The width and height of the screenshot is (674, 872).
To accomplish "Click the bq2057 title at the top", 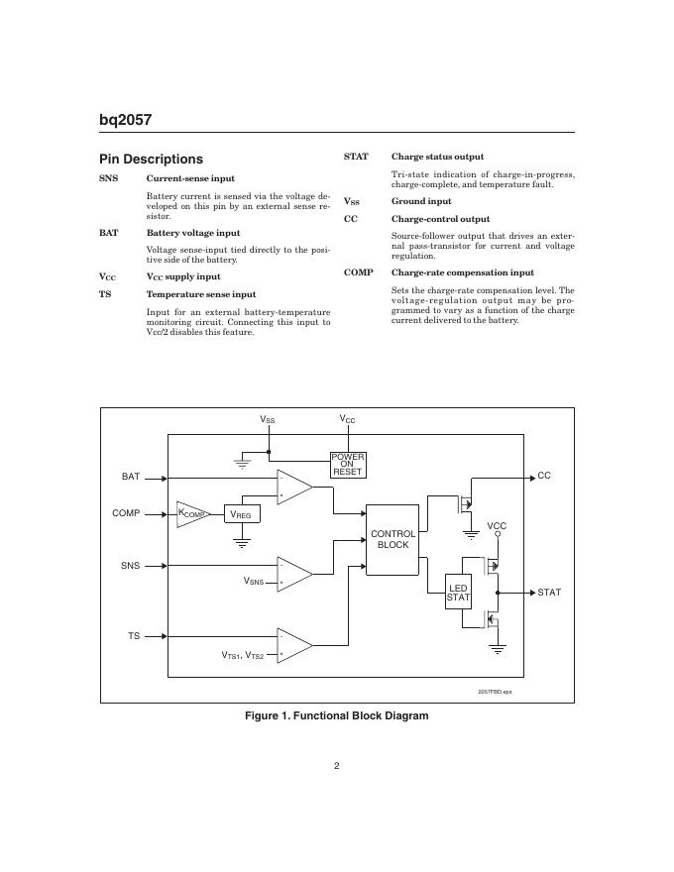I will [x=125, y=121].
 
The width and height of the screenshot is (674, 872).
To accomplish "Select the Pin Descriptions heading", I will [x=151, y=159].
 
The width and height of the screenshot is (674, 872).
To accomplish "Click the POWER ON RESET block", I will [x=348, y=464].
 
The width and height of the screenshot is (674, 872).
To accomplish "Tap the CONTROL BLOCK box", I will [x=393, y=539].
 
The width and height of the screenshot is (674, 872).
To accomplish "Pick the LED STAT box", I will [x=458, y=593].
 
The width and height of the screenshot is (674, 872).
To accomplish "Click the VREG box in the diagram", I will [x=241, y=514].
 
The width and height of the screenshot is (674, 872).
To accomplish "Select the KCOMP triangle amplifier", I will [x=192, y=513].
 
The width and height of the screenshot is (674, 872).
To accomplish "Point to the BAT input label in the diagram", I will [x=131, y=477].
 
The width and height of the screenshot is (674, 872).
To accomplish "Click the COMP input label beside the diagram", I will [x=126, y=513].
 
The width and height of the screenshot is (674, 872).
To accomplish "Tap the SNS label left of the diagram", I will [x=130, y=566].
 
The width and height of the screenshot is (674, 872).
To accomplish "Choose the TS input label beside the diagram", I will [x=133, y=635].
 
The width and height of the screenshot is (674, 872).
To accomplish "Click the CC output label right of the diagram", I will [x=543, y=477].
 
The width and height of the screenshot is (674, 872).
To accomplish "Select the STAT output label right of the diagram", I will [x=549, y=593].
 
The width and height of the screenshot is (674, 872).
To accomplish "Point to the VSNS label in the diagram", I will [x=254, y=582].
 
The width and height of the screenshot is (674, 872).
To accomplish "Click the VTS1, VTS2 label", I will [x=242, y=655].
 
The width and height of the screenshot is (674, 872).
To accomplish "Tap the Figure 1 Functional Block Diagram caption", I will [x=336, y=715].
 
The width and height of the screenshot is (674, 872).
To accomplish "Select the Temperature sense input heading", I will [x=201, y=294].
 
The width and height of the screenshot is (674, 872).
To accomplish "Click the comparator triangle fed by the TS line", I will [x=293, y=645].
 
